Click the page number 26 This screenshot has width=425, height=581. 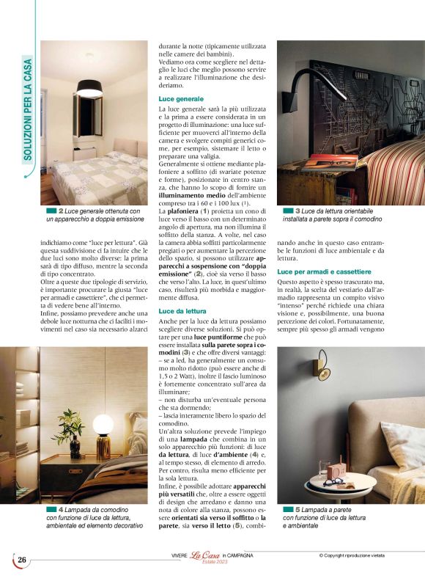coord(22,560)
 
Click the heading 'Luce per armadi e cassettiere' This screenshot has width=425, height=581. coord(321,271)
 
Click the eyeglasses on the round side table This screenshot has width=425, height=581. coord(333,482)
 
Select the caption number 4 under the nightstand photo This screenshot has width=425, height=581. coord(61,508)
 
